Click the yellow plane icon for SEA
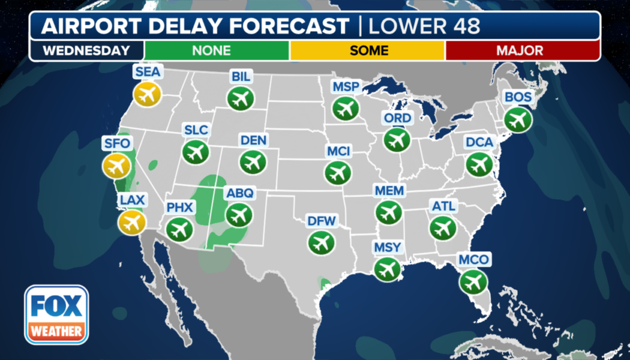148,94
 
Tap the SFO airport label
116,144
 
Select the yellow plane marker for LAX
131,222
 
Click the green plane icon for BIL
240,98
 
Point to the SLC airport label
196,130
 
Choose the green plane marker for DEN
253,161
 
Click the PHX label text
179,208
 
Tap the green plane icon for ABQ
239,214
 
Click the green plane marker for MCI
338,172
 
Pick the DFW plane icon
321,242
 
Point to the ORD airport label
397,118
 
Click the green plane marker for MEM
389,212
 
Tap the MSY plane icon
387,268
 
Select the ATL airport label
444,206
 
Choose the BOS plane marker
517,119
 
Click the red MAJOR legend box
522,50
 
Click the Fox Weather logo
56,314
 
